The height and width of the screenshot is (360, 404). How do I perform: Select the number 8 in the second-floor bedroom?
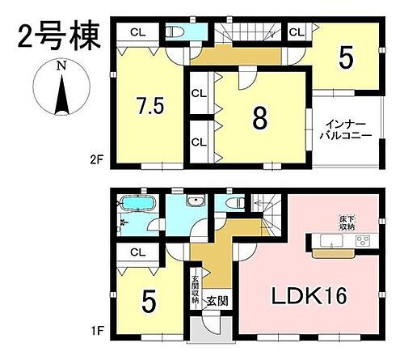point(259,118)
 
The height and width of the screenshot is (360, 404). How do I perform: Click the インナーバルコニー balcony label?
point(347,131)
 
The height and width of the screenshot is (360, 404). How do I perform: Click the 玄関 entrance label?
point(214,302)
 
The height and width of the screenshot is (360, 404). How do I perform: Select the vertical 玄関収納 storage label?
point(196,286)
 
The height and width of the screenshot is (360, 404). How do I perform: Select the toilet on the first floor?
point(234,203)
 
